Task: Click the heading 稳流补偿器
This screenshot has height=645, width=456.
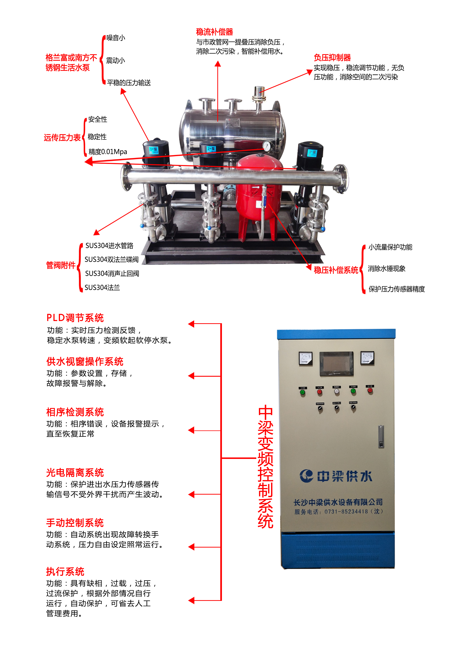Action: (x=214, y=32)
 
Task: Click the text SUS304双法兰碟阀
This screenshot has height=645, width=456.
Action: (x=112, y=260)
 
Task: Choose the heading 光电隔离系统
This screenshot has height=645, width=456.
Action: (x=75, y=473)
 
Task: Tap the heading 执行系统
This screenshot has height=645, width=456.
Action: (x=65, y=571)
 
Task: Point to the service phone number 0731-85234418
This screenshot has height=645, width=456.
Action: (x=346, y=512)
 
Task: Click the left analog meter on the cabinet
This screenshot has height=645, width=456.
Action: (x=305, y=359)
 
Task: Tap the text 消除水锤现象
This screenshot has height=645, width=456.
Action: (x=387, y=269)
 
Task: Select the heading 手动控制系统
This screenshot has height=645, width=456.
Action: (x=75, y=523)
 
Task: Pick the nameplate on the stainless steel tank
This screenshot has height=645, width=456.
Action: (x=232, y=123)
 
